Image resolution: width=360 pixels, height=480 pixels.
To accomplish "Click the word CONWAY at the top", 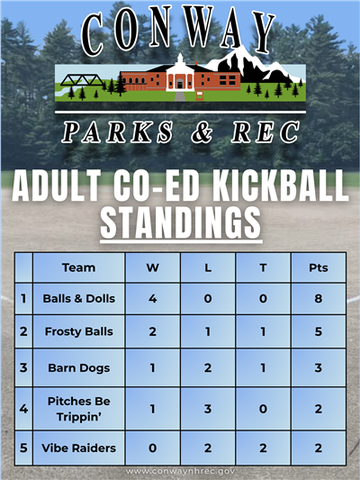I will pos(180,33).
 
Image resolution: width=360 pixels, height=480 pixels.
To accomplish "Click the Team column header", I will pos(78,267).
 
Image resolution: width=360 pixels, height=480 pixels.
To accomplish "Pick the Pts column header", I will pos(318,267).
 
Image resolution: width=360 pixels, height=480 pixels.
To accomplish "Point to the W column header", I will pos(152,267).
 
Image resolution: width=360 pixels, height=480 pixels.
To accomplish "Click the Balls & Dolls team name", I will pos(78,298).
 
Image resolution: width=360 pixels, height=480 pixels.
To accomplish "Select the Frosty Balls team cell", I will pos(78,331).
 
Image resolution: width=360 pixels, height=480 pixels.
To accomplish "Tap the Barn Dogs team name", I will pos(78,367).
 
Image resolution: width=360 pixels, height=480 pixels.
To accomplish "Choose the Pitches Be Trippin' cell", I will pos(78,408).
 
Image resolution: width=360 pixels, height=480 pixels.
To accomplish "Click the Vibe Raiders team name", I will pos(78,448).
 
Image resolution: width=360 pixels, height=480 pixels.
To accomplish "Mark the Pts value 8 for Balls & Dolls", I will pos(318,298).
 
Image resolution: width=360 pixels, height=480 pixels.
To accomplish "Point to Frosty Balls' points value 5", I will pos(318,331).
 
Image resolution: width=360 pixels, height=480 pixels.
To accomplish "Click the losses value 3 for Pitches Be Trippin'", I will pos(208,408).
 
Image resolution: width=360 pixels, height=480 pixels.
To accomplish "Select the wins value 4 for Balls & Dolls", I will pos(152,298).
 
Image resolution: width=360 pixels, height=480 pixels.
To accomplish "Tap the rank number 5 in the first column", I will pos(23,448).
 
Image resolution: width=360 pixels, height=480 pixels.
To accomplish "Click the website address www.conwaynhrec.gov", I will pos(180,471).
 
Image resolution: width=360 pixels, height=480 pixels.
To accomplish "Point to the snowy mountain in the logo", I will pos(256,65).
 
